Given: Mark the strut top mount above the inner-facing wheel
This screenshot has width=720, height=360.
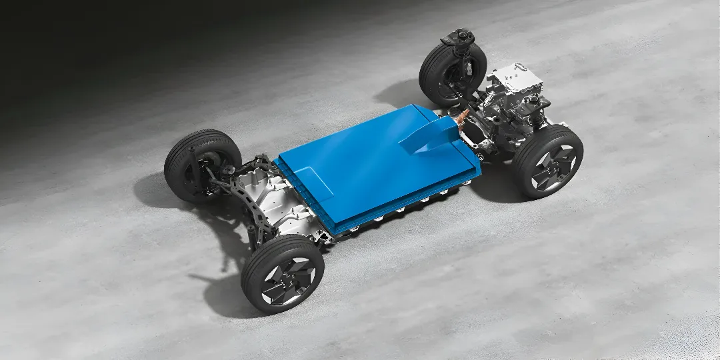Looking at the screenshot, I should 460,37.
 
